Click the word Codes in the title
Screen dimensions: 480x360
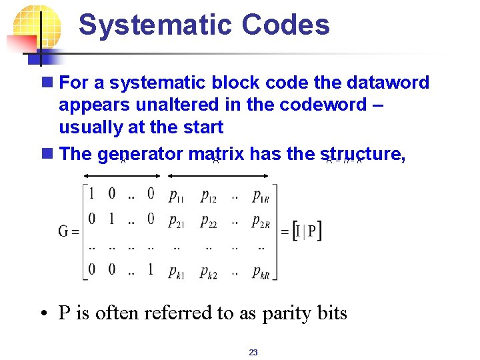pyautogui.click(x=286, y=25)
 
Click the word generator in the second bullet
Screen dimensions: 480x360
pyautogui.click(x=139, y=155)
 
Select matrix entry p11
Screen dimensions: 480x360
pyautogui.click(x=177, y=195)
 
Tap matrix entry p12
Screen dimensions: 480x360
pyautogui.click(x=209, y=195)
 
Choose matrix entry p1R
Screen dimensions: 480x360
pyautogui.click(x=261, y=195)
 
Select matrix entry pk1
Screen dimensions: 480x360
pyautogui.click(x=177, y=271)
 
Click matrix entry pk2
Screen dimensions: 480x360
pyautogui.click(x=209, y=271)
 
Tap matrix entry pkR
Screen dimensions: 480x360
pyautogui.click(x=261, y=271)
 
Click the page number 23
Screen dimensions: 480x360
pyautogui.click(x=253, y=353)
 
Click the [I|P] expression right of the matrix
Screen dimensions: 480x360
pyautogui.click(x=307, y=231)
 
